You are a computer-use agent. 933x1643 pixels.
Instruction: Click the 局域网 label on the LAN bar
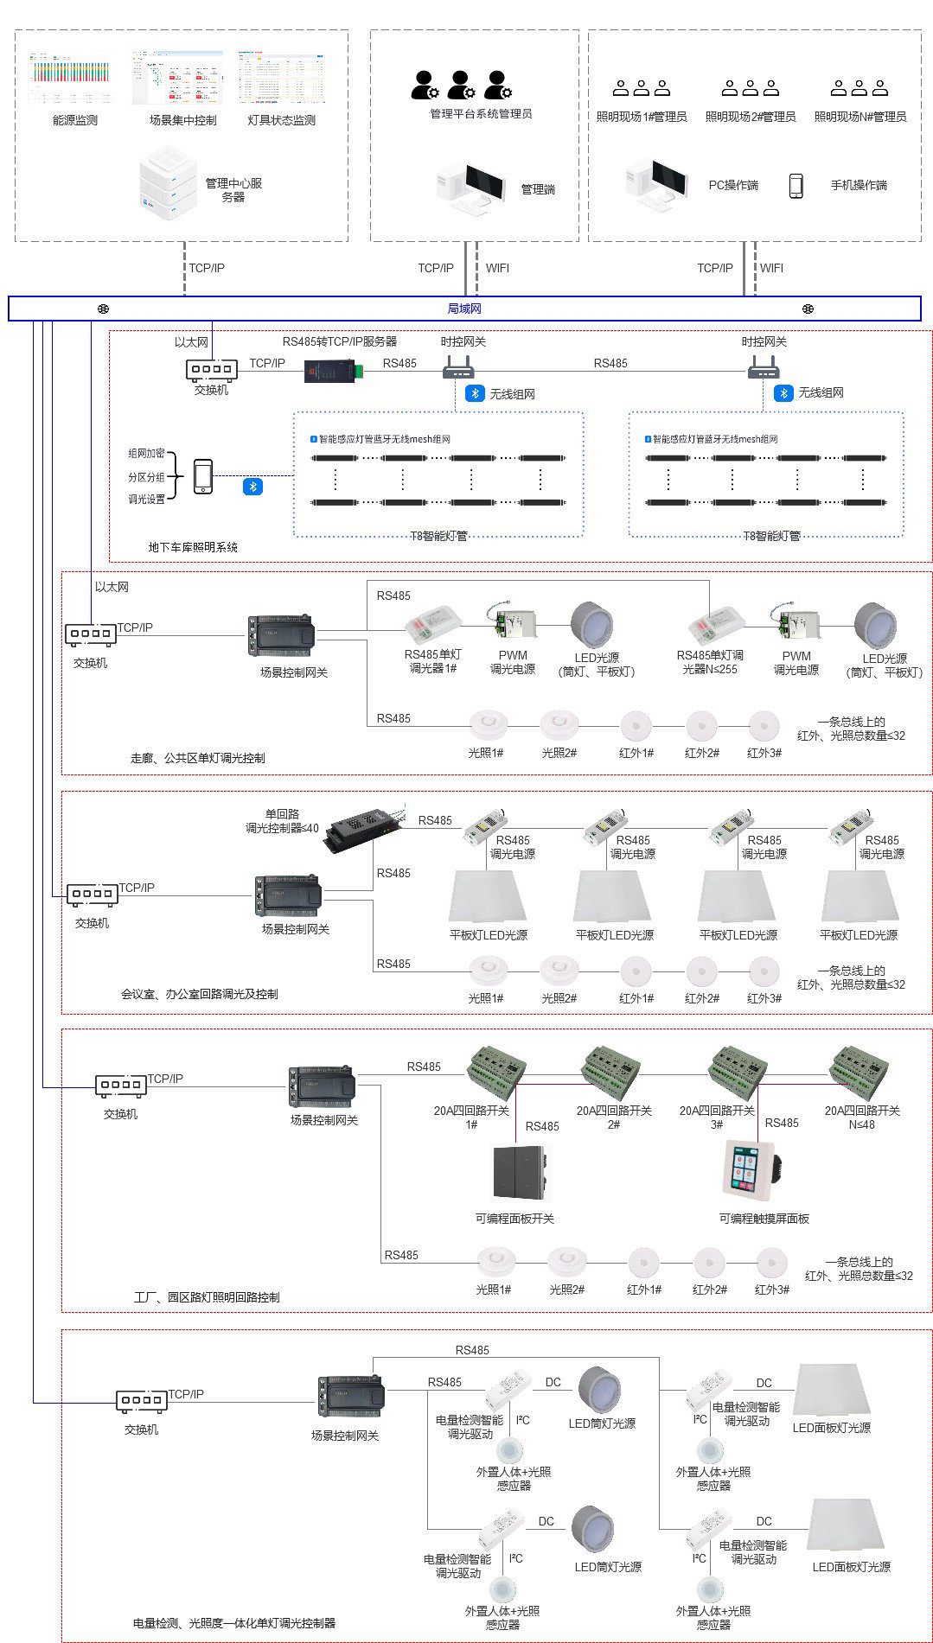[x=464, y=309]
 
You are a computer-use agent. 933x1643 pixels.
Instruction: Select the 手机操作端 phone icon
[x=796, y=185]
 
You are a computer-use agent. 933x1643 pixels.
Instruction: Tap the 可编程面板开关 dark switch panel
[x=519, y=1174]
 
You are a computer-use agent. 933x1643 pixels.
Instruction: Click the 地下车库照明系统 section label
[x=193, y=547]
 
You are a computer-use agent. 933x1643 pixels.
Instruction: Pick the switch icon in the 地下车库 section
[x=211, y=369]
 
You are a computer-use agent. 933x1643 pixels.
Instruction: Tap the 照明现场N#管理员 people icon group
[x=860, y=88]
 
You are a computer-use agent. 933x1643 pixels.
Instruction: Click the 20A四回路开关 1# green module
[x=495, y=1072]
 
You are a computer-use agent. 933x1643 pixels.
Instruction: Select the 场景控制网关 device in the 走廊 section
[x=280, y=637]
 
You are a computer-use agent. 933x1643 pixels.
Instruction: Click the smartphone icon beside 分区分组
[x=203, y=476]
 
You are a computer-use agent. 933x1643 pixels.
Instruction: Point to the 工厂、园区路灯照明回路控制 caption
[x=207, y=1296]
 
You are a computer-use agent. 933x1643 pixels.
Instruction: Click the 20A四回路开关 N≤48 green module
[x=859, y=1072]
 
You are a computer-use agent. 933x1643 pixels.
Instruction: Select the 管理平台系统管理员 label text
[x=481, y=113]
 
